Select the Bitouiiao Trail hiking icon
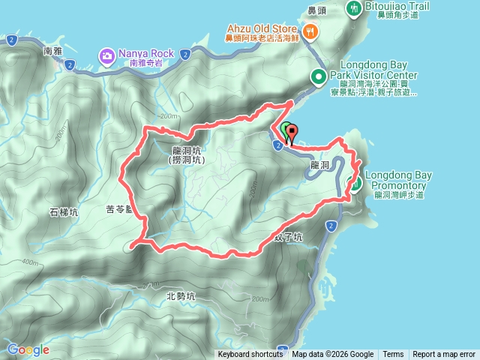coord(353,8)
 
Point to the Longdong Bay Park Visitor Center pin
coord(318,76)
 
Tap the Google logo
coord(28,349)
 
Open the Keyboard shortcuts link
coord(250,355)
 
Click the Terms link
coord(393,355)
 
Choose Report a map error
coord(443,355)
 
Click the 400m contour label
coord(31,262)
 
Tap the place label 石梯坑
coord(64,212)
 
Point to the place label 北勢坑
coord(180,296)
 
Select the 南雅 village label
coord(52,52)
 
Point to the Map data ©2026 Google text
coord(333,355)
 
